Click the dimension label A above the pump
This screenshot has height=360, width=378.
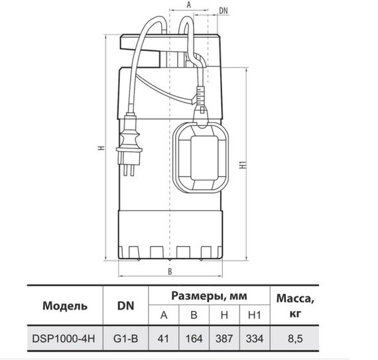click(189, 5)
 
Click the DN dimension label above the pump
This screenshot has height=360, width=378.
click(223, 11)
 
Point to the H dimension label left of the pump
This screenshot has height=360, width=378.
click(101, 147)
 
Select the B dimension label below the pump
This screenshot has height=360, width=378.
click(170, 272)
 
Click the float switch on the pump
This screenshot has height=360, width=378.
click(200, 158)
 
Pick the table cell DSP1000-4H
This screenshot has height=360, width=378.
click(64, 339)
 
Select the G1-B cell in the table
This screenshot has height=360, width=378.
click(125, 339)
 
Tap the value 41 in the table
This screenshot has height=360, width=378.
click(163, 339)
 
